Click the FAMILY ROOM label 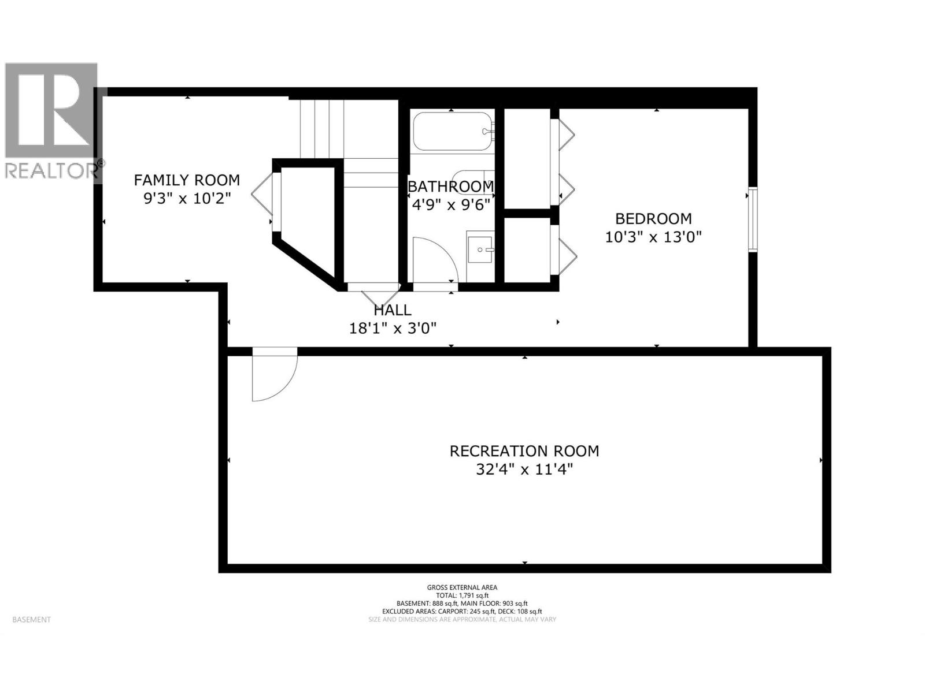[187, 180]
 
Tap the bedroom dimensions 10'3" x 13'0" [653, 237]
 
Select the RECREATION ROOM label [524, 451]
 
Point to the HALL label [393, 311]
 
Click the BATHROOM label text [451, 187]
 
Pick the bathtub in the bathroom [453, 131]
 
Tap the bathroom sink [480, 249]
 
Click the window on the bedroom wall [753, 219]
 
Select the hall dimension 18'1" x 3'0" [393, 329]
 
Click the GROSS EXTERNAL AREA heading [462, 587]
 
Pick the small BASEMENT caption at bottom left [32, 620]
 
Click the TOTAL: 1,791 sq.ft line [462, 595]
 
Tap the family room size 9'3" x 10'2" [187, 198]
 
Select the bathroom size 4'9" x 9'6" [451, 204]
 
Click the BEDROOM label [653, 219]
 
